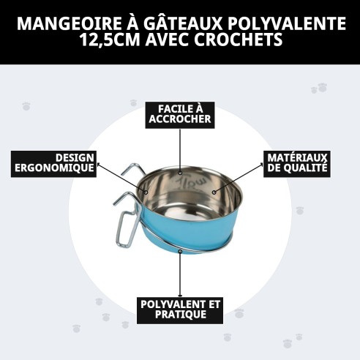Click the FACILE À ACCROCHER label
click(179, 113)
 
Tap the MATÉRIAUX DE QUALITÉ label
click(297, 162)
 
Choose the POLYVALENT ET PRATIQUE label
click(179, 309)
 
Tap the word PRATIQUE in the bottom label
click(179, 315)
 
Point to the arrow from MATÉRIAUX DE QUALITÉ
click(239, 179)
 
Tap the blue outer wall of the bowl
click(190, 227)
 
